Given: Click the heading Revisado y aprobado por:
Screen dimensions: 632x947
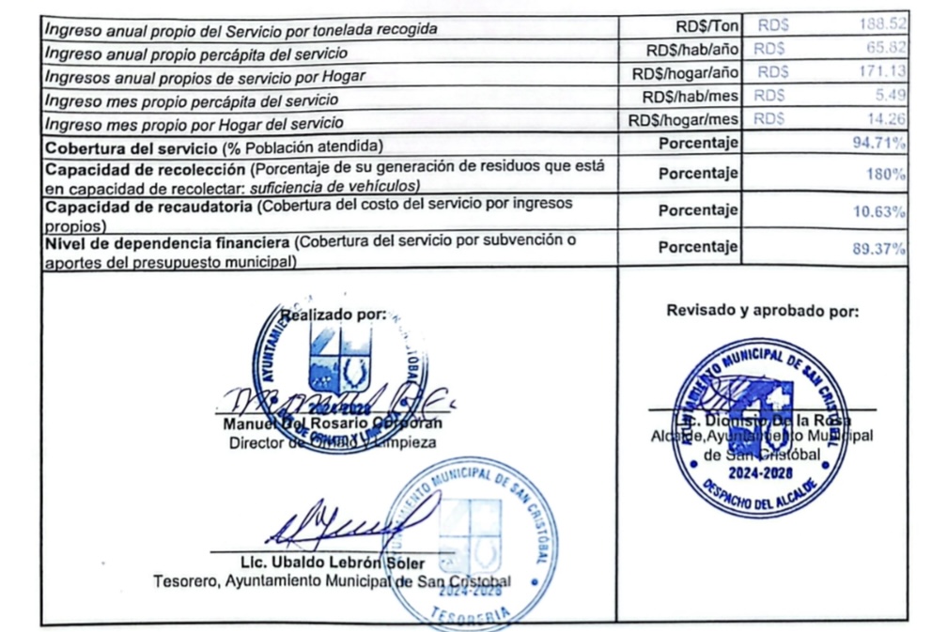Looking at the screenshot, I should pos(763,310).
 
